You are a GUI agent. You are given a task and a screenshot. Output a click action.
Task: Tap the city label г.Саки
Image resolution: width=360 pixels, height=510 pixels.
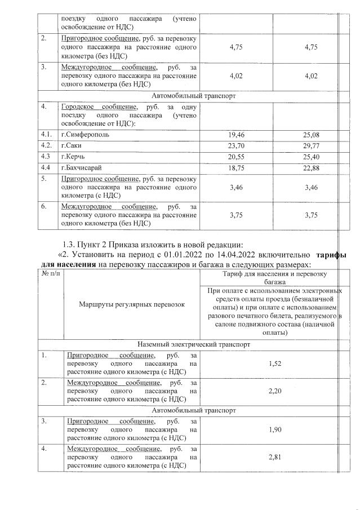coord(72,146)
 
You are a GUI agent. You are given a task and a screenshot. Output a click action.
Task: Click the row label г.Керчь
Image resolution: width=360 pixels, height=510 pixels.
coord(74,156)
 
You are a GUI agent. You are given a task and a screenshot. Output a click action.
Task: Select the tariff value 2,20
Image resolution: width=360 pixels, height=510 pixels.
coord(275,391)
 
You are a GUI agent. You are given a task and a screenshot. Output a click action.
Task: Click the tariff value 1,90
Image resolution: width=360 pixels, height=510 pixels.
coord(275,431)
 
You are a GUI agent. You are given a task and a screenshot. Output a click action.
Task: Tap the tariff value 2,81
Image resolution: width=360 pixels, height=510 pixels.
coord(275,458)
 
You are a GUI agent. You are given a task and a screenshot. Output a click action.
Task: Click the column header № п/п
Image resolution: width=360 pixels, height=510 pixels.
coord(50,273)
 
